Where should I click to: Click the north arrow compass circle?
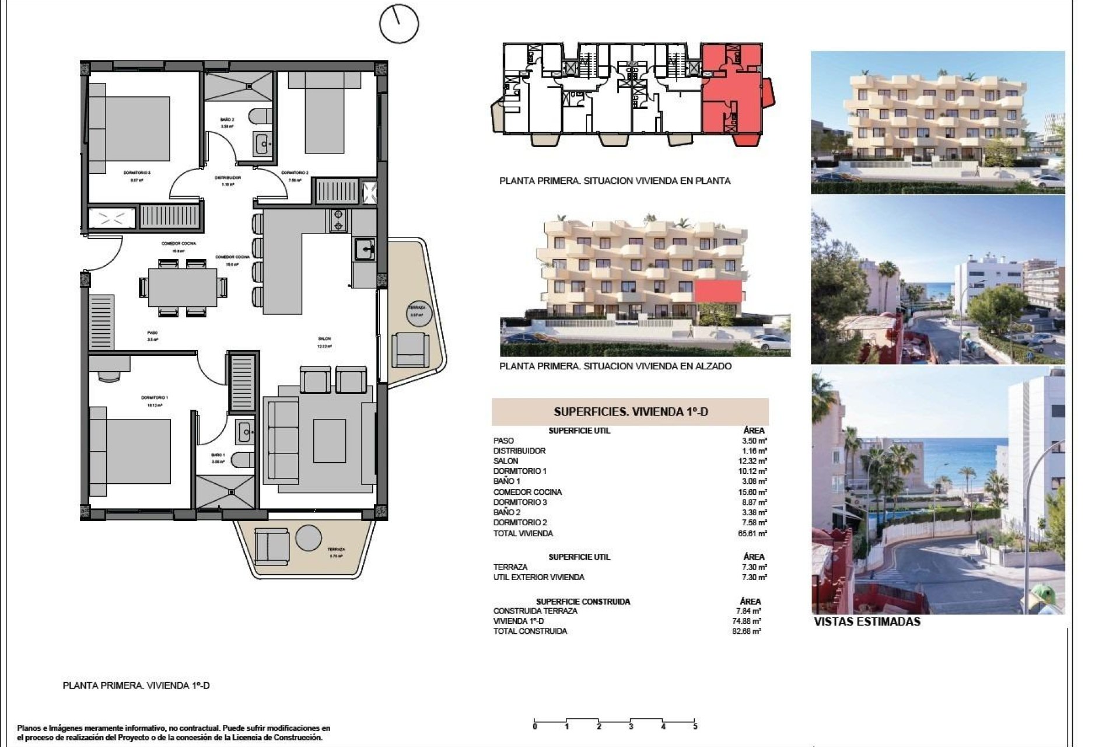pyautogui.click(x=399, y=24)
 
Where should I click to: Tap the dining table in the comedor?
pyautogui.click(x=182, y=287)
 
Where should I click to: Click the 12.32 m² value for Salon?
pyautogui.click(x=754, y=461)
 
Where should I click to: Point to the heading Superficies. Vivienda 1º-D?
pyautogui.click(x=630, y=412)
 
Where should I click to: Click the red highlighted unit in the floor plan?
pyautogui.click(x=731, y=93)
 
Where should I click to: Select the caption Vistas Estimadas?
pyautogui.click(x=867, y=622)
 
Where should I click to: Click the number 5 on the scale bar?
pyautogui.click(x=695, y=727)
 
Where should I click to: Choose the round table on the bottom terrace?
pyautogui.click(x=308, y=537)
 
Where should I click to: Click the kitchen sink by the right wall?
pyautogui.click(x=365, y=250)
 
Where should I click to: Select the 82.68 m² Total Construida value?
pyautogui.click(x=748, y=631)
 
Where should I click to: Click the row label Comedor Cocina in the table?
pyautogui.click(x=527, y=492)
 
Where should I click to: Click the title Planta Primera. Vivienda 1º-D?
pyautogui.click(x=136, y=686)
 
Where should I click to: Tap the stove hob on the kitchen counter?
pyautogui.click(x=338, y=220)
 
